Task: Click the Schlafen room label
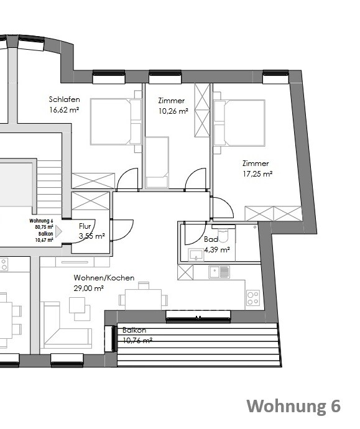[x=64, y=99]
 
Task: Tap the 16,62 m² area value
[x=64, y=110]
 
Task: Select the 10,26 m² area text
[x=172, y=112]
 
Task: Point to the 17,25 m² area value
[x=257, y=174]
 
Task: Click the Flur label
[x=86, y=226]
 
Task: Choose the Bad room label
[x=211, y=239]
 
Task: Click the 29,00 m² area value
[x=88, y=288]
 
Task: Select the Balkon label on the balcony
[x=134, y=330]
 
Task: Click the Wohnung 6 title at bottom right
[x=293, y=406]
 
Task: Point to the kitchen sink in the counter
[x=219, y=272]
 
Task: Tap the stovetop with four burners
[x=252, y=297]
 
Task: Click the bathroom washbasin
[x=196, y=254]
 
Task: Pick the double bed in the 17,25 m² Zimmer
[x=239, y=122]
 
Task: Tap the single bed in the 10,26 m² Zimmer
[x=157, y=160]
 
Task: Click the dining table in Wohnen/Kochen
[x=144, y=299]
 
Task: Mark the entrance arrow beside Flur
[x=59, y=232]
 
